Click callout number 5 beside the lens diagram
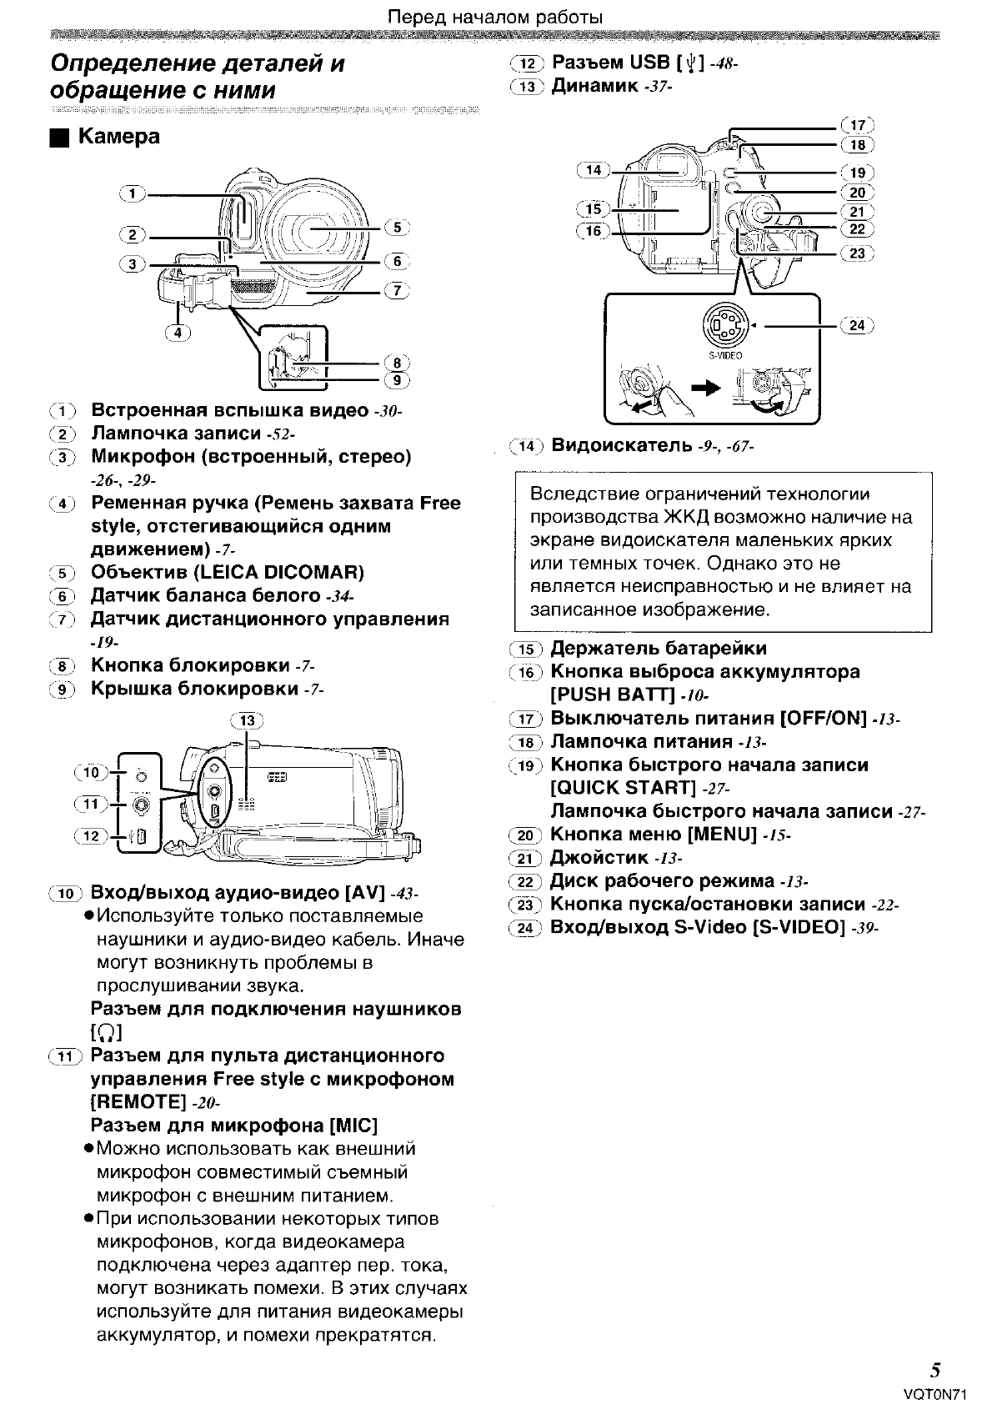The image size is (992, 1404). click(396, 228)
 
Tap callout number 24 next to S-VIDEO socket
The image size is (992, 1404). click(857, 325)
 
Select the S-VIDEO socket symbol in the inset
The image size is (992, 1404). click(724, 325)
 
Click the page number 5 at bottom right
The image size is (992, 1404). click(936, 1370)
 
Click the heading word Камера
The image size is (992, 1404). click(118, 137)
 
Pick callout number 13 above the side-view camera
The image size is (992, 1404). click(248, 720)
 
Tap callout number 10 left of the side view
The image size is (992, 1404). click(91, 772)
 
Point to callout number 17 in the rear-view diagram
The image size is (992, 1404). click(857, 126)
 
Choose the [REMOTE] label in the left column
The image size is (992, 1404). click(138, 1102)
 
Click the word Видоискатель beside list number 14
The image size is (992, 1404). click(621, 445)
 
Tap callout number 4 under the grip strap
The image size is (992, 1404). click(177, 332)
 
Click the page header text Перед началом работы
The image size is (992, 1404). click(496, 17)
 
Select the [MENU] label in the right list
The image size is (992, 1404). click(722, 835)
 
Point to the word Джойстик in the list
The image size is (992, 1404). click(599, 858)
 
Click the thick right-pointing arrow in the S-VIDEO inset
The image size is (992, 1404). click(706, 387)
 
